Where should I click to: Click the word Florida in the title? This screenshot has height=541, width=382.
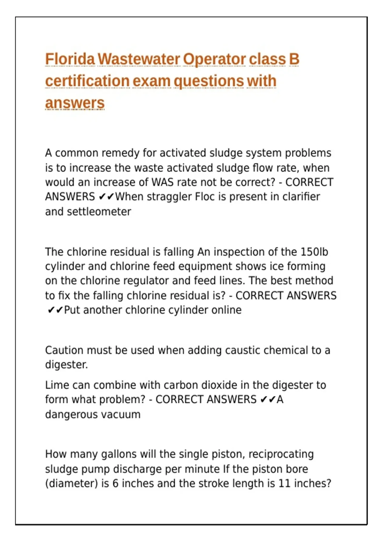[x=70, y=59]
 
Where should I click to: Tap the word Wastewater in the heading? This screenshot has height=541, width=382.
[x=139, y=59]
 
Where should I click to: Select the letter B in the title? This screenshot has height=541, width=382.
[x=294, y=59]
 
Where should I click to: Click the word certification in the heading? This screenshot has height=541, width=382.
[x=87, y=81]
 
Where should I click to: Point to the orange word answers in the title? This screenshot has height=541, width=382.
[x=75, y=103]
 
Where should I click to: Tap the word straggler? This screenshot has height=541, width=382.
[x=169, y=197]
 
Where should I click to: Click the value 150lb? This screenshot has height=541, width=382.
[x=314, y=252]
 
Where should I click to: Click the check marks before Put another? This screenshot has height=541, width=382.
[x=55, y=310]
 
